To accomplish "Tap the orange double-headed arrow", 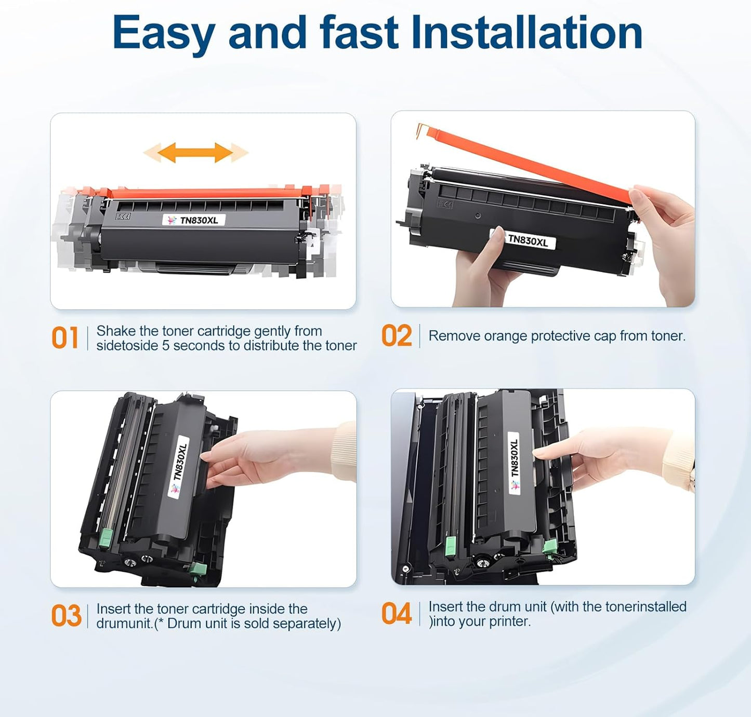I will coord(195,153).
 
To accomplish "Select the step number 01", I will coord(65,338).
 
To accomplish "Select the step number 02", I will coord(397,336).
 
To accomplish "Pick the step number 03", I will coord(66,616).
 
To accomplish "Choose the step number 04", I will coord(397,614).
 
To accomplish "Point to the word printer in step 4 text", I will coord(509,621).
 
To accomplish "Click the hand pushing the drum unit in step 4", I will coord(598,457).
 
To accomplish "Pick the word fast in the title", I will coord(359,33).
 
